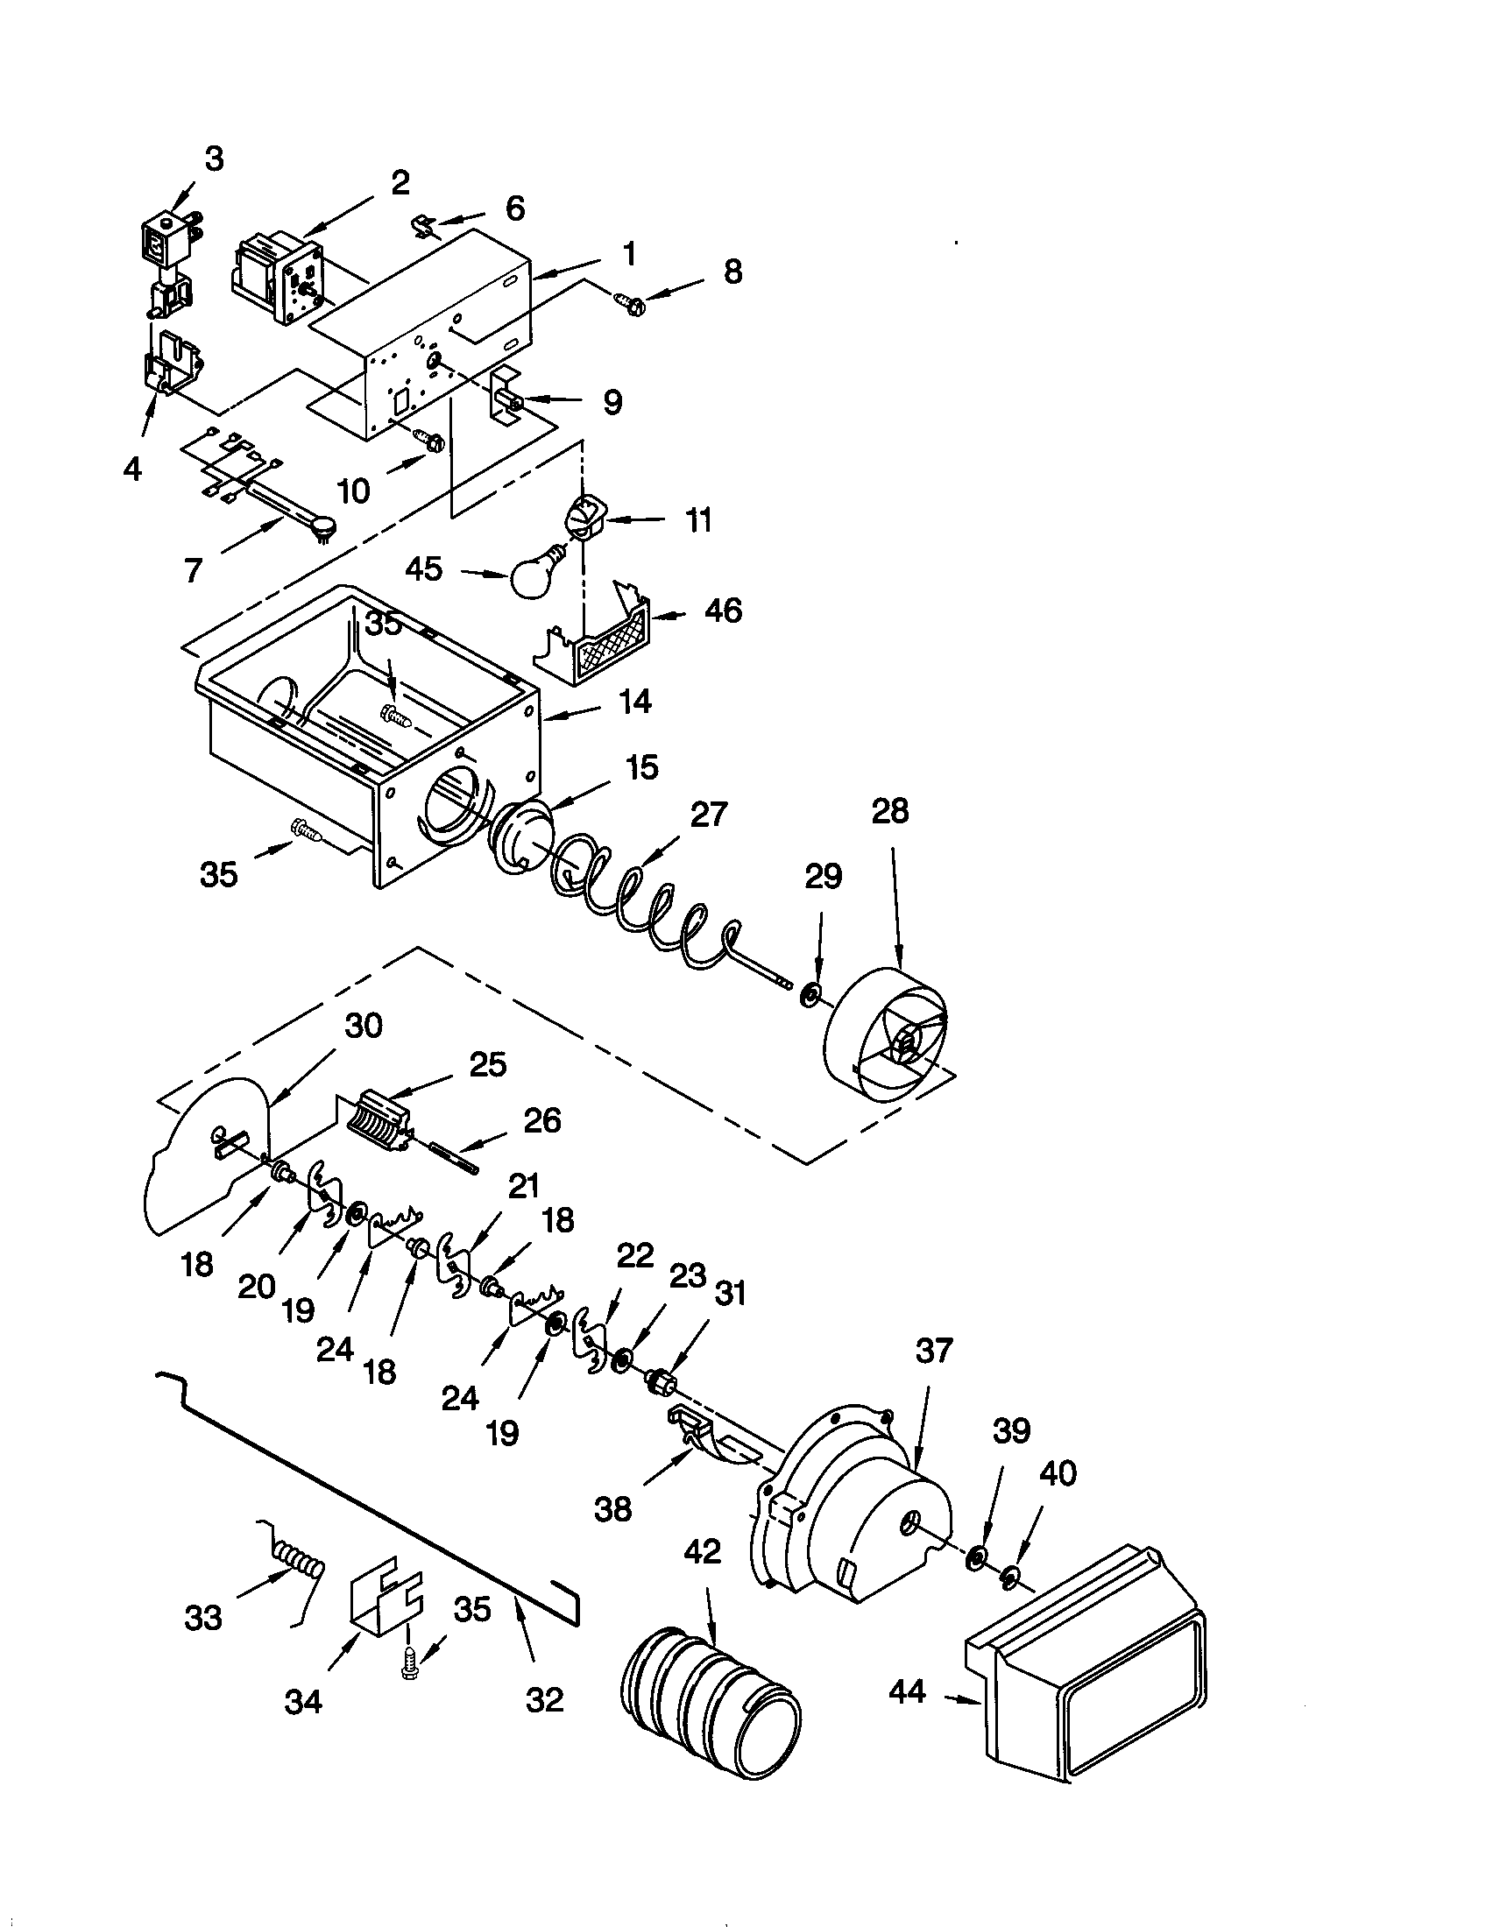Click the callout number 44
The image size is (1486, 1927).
coord(908,1691)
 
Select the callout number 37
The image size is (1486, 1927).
coord(934,1351)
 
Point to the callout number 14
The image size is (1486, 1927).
coord(634,702)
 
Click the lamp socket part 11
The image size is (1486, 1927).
coord(583,514)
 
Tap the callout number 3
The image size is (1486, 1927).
coord(214,159)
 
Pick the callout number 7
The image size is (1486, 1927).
coord(194,570)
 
